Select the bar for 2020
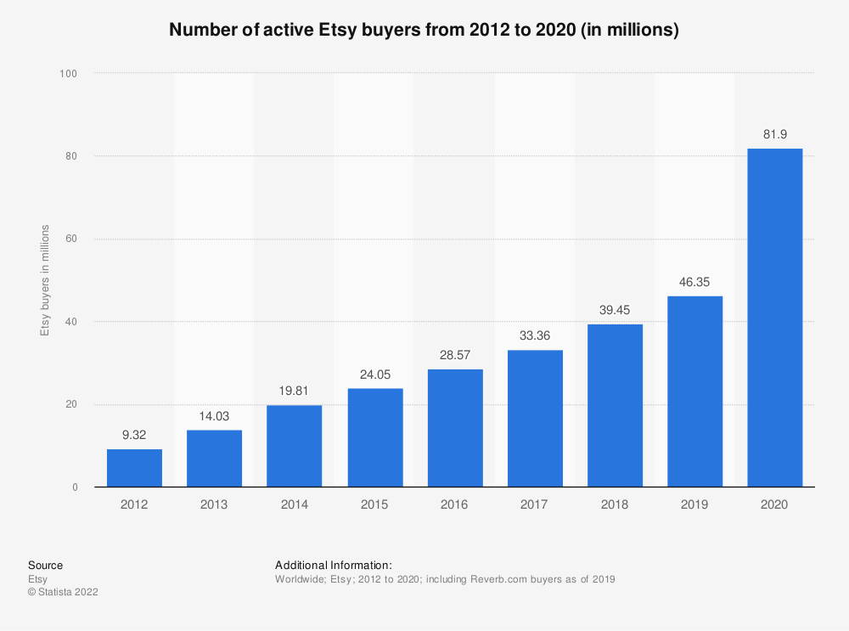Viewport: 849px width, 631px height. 774,318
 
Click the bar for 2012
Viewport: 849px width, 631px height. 134,468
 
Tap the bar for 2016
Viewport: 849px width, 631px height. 454,428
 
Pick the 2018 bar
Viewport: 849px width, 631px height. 615,405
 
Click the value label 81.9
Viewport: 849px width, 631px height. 774,134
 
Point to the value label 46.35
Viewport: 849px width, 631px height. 694,281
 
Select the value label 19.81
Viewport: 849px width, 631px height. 294,391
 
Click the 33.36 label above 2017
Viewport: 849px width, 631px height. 535,335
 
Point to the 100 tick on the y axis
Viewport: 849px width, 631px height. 69,74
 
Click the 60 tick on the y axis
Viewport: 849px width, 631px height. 71,239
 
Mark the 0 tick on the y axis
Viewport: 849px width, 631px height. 75,487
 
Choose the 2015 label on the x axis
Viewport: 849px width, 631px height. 374,504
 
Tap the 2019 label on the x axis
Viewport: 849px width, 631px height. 694,504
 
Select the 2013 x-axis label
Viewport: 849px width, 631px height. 214,504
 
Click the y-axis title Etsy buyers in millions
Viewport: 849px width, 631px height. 46,280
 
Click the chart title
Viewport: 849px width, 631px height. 424,30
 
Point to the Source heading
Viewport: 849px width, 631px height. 45,565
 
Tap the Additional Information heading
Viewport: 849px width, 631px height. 333,565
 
